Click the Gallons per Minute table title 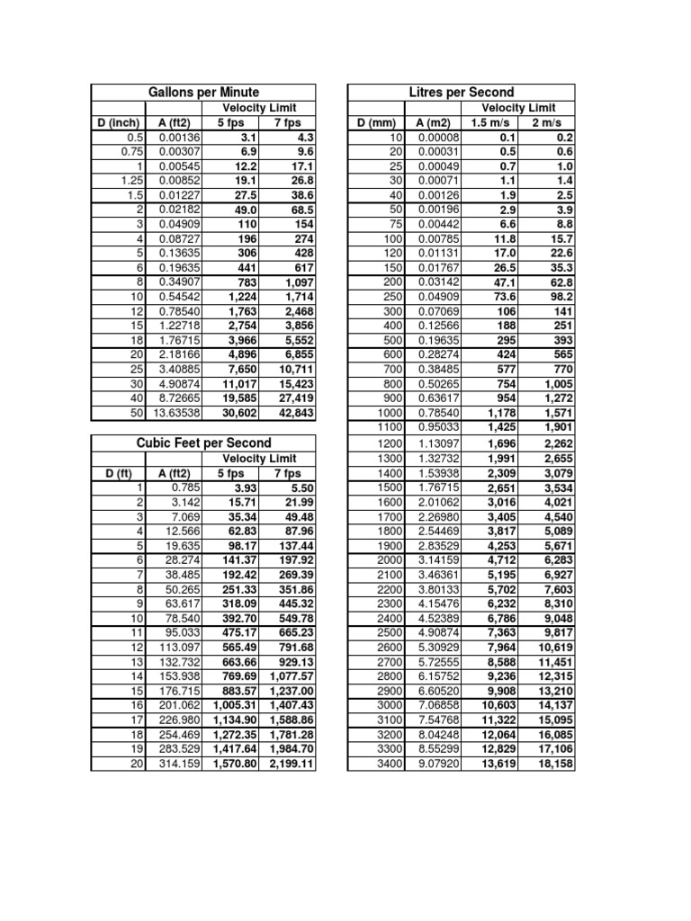203,93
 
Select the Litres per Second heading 461,93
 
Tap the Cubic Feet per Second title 203,443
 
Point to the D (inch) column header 117,123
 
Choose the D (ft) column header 117,473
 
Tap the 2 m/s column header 543,123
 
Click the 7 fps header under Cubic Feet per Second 287,473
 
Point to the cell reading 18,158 550,765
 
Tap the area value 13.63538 178,414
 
